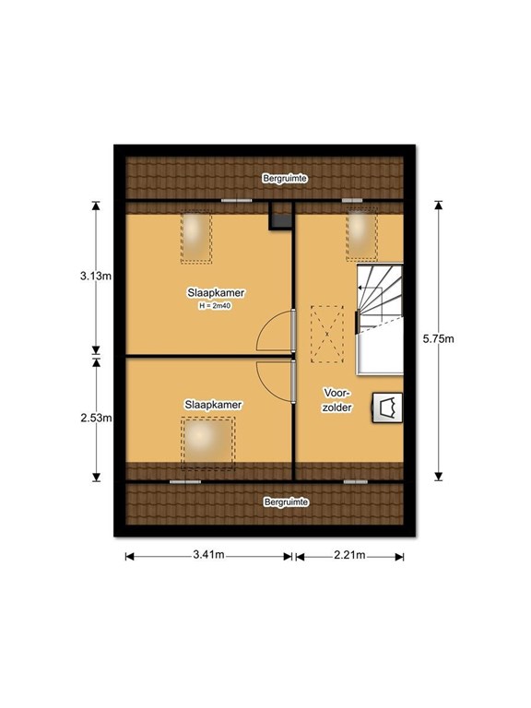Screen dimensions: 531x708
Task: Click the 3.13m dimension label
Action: pos(96,276)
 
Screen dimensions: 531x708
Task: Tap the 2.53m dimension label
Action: pos(96,419)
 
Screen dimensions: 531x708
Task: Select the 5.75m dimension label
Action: pos(439,338)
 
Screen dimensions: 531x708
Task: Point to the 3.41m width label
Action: pos(208,554)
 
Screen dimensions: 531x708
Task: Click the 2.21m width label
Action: pos(349,554)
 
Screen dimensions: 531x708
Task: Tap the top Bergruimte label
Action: pos(285,179)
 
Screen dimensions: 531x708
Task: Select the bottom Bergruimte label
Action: pos(287,502)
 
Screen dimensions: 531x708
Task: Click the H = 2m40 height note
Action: pos(216,306)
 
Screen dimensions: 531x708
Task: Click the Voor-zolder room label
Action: pos(336,399)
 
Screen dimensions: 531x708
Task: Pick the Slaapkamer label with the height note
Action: pos(216,293)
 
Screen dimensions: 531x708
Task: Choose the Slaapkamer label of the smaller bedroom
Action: pos(213,405)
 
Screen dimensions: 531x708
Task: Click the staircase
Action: pos(380,320)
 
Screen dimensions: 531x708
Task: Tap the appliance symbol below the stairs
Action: pos(387,408)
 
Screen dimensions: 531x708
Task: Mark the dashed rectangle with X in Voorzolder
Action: pos(327,334)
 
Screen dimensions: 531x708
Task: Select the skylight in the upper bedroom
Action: pos(196,238)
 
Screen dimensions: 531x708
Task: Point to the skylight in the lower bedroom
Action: pos(208,442)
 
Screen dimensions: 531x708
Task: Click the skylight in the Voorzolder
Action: pos(361,234)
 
